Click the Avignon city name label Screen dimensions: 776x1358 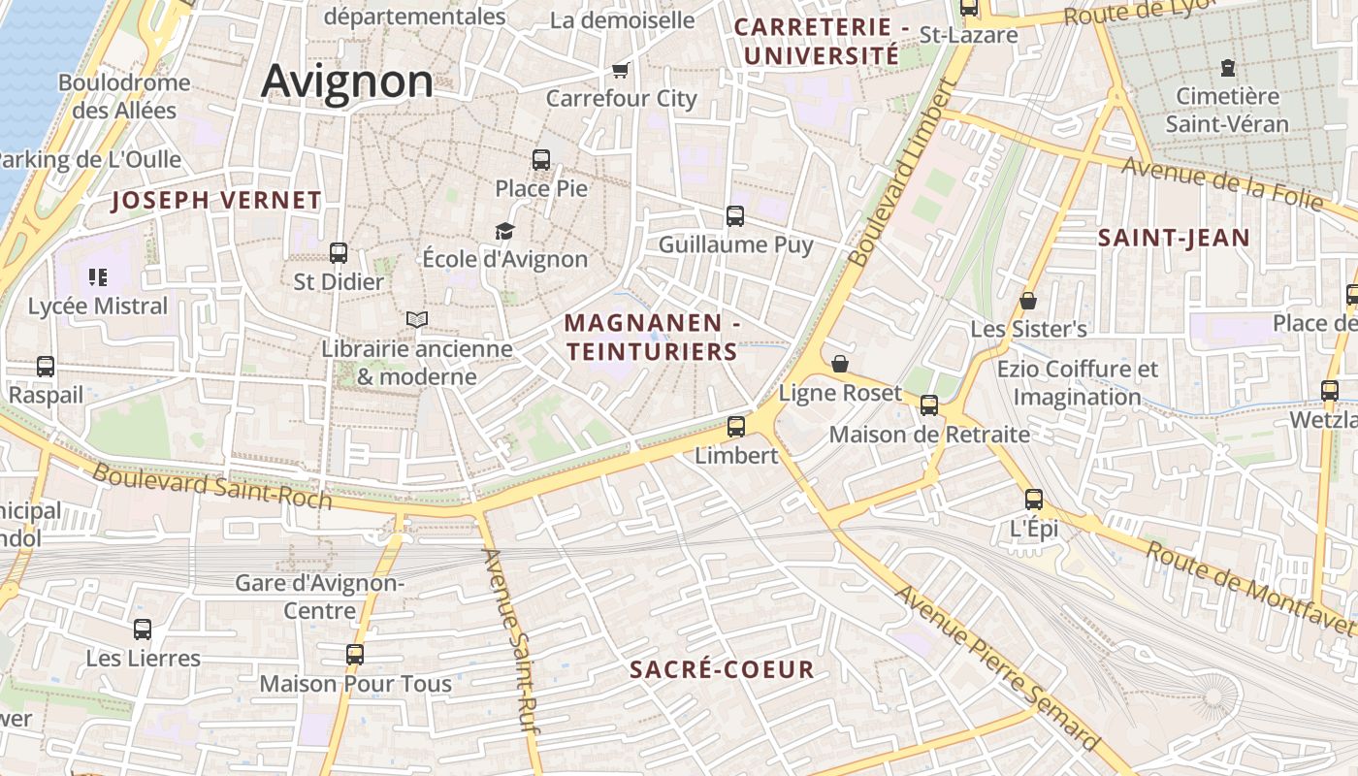[x=347, y=81]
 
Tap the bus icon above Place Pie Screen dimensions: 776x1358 [x=541, y=160]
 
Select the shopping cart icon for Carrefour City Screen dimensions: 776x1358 [x=621, y=70]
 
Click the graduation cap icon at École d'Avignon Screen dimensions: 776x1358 [x=504, y=231]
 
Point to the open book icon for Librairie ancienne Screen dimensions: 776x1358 [x=417, y=319]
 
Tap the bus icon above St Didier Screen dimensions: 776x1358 [x=339, y=253]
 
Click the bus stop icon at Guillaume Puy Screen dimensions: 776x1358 [x=735, y=216]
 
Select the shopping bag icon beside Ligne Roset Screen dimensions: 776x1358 [x=840, y=364]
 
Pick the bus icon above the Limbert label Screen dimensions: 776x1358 [x=736, y=426]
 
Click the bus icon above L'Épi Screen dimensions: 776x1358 [x=1034, y=500]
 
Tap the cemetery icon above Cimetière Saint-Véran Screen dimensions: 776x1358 [x=1228, y=68]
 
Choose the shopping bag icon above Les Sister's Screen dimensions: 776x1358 [x=1028, y=302]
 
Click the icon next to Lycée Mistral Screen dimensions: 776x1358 [x=97, y=278]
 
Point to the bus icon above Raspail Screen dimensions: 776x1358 [x=46, y=367]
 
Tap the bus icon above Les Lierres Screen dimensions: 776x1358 [x=143, y=630]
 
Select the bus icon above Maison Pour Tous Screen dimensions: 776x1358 [x=355, y=655]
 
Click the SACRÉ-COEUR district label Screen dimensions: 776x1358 [x=722, y=669]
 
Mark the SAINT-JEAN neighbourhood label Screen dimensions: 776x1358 [x=1174, y=238]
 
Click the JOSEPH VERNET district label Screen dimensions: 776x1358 [x=216, y=201]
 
